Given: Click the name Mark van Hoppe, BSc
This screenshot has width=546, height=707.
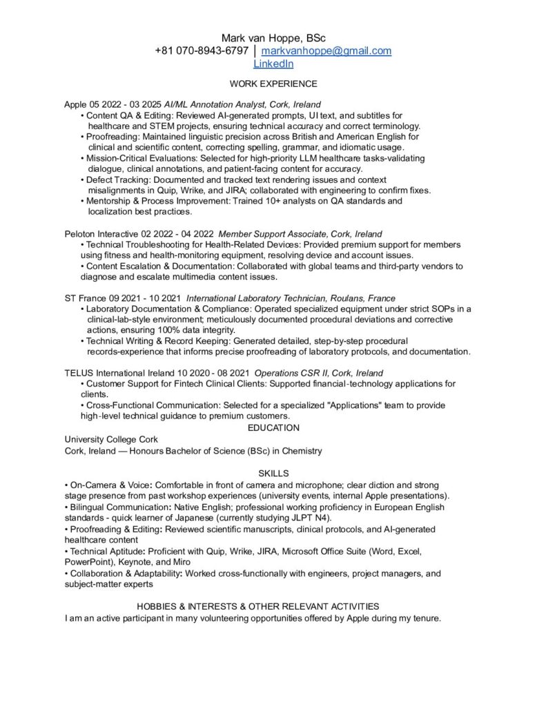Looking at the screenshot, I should tap(273, 37).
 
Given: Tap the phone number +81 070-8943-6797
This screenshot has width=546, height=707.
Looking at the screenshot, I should tap(202, 51).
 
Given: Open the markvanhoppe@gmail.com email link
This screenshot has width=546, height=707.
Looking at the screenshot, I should tap(326, 51).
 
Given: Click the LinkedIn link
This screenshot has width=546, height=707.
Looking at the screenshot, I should tap(273, 64).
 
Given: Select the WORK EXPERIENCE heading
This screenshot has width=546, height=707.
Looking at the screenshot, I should tap(273, 84).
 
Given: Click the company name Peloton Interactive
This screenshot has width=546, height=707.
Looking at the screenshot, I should tap(101, 234).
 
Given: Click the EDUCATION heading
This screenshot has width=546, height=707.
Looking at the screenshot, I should tap(273, 428).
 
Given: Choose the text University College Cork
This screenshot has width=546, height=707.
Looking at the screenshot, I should tap(111, 439).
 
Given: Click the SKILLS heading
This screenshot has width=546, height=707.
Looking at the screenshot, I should tap(273, 473).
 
